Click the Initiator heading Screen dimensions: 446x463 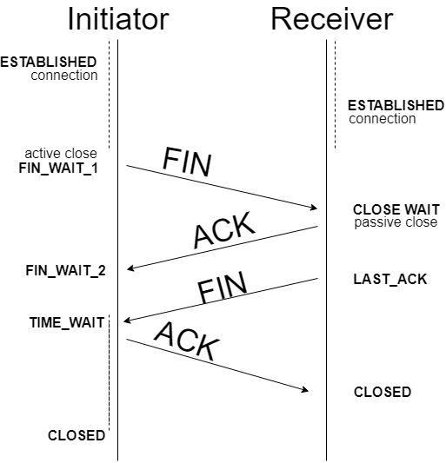click(x=118, y=19)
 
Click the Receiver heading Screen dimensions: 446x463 click(x=332, y=19)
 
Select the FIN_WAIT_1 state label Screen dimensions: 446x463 click(x=58, y=169)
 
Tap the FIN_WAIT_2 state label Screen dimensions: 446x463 click(x=65, y=270)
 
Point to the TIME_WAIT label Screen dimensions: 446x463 click(x=67, y=322)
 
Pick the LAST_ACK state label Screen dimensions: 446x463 click(x=390, y=280)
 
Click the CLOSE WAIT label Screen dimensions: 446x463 click(x=396, y=209)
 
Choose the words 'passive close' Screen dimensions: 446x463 click(x=396, y=222)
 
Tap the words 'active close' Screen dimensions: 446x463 click(x=61, y=154)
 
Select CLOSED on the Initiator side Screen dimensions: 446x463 click(x=77, y=435)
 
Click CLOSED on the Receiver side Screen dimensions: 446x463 click(x=383, y=392)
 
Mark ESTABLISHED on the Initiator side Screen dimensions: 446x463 click(x=49, y=62)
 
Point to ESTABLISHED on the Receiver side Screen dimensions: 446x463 click(x=396, y=105)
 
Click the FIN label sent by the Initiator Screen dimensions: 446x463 click(x=188, y=162)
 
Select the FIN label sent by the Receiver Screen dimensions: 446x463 click(x=223, y=288)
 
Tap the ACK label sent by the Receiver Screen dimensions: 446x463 click(x=224, y=230)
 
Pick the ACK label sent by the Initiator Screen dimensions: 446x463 click(x=187, y=341)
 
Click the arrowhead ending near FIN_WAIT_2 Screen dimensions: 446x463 click(x=130, y=268)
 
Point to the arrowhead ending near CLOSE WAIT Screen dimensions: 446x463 click(x=314, y=208)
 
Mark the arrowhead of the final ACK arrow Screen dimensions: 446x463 click(x=305, y=390)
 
